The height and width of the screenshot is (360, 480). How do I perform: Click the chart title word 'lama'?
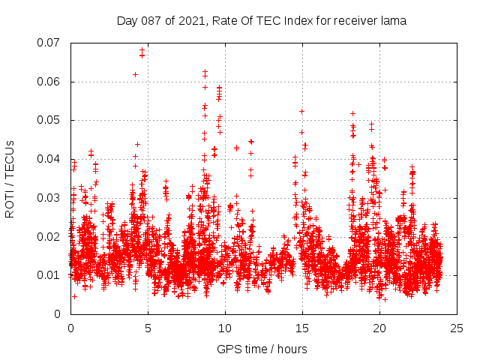point(391,21)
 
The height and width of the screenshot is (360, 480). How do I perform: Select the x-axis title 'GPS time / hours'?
point(262,349)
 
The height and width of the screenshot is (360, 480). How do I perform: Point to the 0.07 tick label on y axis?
point(50,43)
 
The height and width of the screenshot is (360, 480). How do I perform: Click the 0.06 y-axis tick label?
point(50,82)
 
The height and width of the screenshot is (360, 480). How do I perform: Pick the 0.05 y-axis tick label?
point(50,120)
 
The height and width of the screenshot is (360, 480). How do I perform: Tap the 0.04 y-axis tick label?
point(50,159)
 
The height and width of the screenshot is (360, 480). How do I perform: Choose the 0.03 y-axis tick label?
point(50,198)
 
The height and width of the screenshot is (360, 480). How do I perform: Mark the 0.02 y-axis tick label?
point(50,237)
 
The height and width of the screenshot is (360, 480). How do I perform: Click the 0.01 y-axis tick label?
point(50,275)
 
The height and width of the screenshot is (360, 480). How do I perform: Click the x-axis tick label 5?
point(148,328)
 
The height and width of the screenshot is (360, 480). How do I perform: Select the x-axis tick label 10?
point(226,328)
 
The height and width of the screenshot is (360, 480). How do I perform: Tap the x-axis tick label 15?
point(303,328)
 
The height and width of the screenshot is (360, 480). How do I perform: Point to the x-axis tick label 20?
point(380,328)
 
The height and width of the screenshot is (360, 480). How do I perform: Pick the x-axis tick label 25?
point(457,328)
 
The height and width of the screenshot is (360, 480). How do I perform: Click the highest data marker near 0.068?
point(142,50)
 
